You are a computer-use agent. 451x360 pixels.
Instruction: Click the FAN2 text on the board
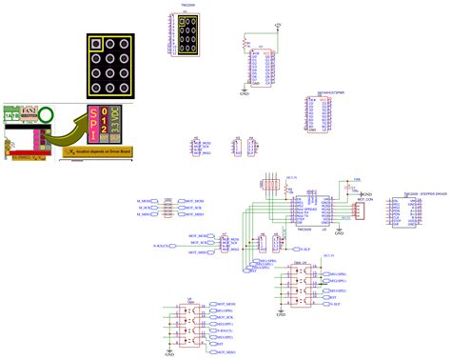(30, 110)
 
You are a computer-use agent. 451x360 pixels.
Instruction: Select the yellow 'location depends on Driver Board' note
(95, 150)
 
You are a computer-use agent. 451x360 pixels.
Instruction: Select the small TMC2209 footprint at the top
(188, 34)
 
